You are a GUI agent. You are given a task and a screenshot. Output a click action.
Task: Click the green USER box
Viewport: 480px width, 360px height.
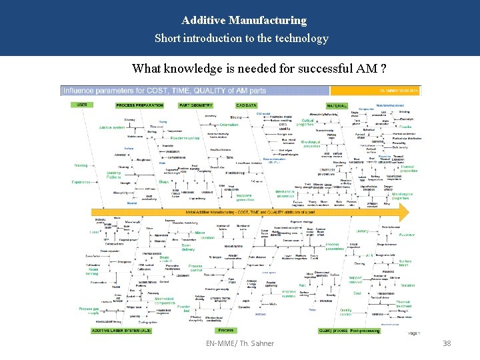coord(81,105)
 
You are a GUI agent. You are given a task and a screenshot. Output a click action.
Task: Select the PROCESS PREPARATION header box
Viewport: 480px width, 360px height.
coord(139,105)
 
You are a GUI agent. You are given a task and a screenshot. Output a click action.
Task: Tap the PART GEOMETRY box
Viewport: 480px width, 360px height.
coord(196,105)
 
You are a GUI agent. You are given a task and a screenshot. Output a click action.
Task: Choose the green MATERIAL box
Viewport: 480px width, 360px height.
coord(336,105)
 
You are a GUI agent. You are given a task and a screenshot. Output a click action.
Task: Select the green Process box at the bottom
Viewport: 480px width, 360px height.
coord(226,330)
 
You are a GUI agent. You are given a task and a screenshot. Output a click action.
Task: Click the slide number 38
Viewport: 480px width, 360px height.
coord(447,343)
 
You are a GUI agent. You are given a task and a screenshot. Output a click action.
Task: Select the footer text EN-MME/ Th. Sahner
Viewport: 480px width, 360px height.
coord(240,343)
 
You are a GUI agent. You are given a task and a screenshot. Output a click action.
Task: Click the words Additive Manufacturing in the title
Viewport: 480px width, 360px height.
coord(244,21)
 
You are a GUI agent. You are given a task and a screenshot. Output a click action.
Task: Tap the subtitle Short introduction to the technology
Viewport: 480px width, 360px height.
coord(241,38)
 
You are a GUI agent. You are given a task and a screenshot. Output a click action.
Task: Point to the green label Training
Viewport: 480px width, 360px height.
coord(81,165)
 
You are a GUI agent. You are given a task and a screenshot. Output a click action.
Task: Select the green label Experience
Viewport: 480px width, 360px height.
coord(81,182)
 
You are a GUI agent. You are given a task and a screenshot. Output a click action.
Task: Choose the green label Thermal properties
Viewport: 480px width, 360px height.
coord(408,169)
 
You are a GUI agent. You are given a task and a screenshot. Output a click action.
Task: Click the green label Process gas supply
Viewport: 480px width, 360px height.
coord(89,311)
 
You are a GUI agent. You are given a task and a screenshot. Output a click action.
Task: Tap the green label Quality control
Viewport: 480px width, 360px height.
coord(345,310)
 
